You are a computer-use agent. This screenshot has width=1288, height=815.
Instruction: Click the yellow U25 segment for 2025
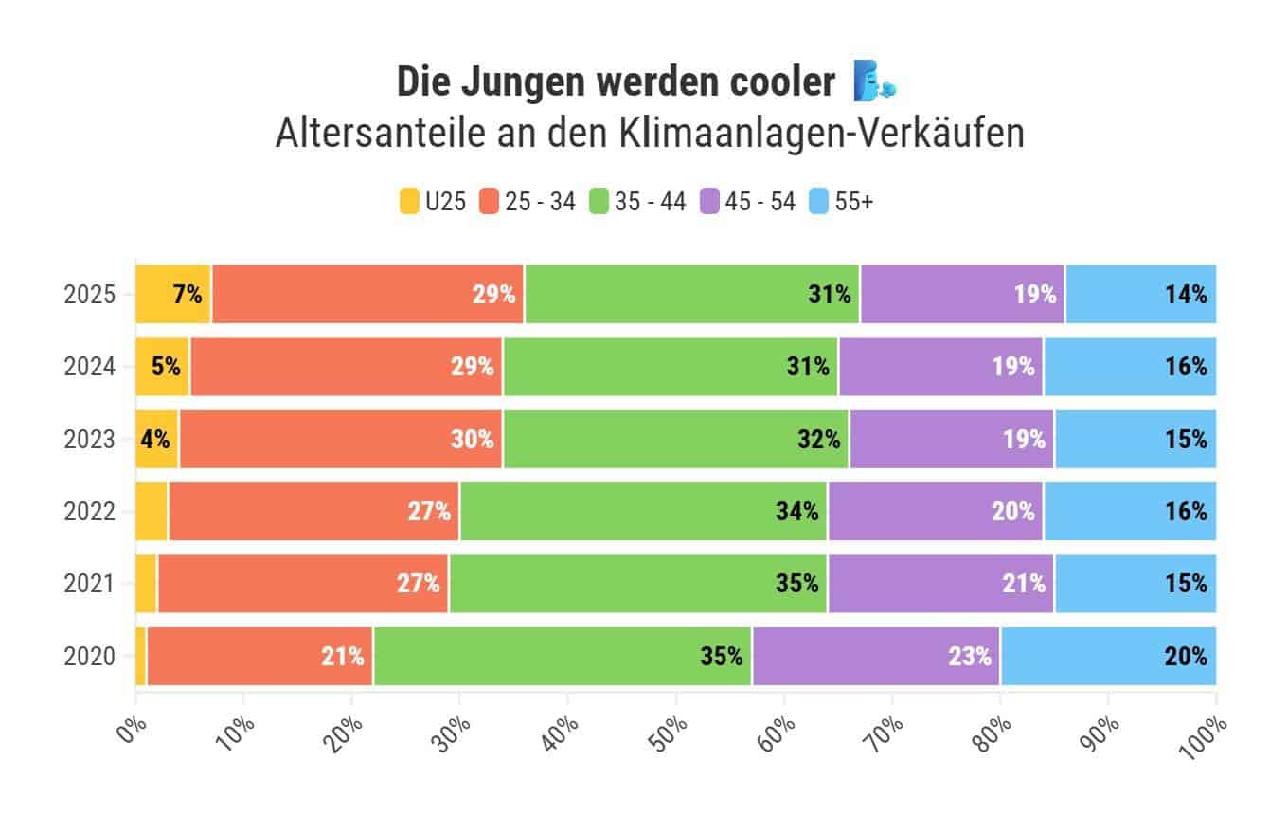173,294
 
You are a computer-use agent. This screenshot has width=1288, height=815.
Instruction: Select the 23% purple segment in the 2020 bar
877,656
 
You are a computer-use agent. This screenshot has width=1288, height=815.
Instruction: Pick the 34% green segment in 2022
644,512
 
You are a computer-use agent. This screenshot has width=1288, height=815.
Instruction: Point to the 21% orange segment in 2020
260,656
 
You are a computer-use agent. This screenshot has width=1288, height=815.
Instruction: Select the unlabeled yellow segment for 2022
152,512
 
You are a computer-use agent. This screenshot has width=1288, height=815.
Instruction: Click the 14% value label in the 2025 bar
1186,295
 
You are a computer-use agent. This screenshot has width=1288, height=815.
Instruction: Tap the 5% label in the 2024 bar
166,367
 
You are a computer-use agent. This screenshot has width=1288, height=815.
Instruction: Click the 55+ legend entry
841,201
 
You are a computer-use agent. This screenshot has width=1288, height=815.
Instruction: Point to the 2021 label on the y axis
90,584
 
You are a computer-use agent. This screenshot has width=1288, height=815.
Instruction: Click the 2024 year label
90,367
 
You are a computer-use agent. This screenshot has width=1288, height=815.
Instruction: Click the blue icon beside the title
873,81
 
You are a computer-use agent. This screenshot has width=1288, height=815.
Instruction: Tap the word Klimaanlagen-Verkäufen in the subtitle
821,133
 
